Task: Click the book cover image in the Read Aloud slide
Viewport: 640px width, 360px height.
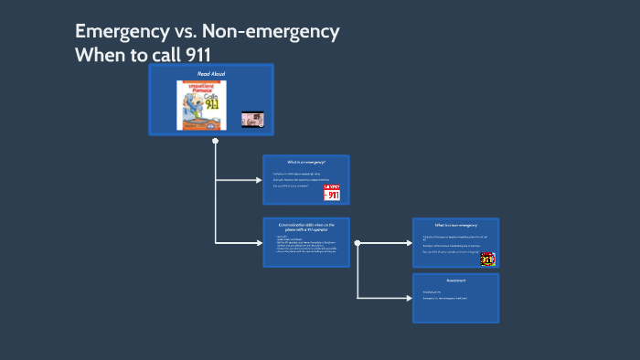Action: (201, 104)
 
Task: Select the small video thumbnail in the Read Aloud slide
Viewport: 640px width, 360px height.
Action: (252, 119)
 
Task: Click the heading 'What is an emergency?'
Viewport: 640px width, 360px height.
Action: (305, 162)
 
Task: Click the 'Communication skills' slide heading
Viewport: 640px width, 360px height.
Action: (305, 226)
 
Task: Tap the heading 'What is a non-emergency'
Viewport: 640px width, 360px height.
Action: (455, 225)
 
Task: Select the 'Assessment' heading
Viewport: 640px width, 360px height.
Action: (455, 281)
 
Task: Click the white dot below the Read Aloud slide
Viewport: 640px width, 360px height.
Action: (215, 141)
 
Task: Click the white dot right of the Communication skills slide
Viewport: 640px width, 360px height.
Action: (357, 243)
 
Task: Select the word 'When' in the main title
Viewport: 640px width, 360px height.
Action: (101, 53)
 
